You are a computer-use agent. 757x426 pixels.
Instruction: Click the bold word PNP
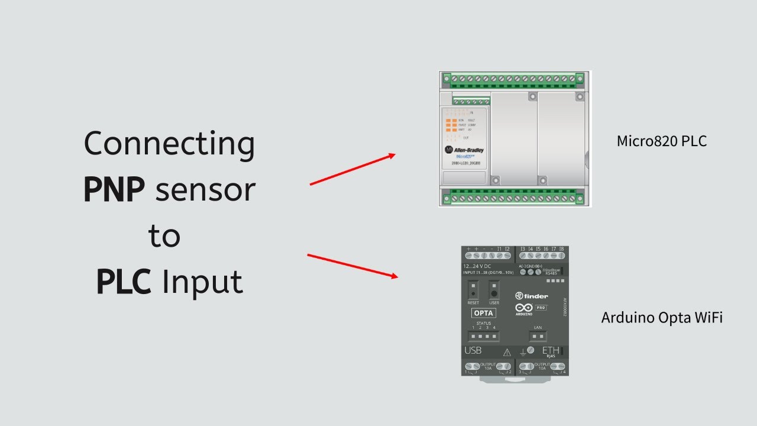(114, 189)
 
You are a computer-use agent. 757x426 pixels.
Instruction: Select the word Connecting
(169, 144)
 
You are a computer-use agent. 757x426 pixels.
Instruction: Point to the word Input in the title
(202, 282)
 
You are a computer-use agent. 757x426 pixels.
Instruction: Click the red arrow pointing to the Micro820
(352, 169)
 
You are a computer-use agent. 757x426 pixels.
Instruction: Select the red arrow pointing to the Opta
(352, 266)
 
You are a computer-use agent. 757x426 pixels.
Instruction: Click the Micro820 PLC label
(662, 141)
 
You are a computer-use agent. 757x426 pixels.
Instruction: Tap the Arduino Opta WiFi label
(662, 318)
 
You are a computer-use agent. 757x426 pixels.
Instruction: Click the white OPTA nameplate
(483, 313)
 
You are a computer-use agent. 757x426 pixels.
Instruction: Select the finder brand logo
(532, 296)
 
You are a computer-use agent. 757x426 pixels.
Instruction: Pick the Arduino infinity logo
(524, 308)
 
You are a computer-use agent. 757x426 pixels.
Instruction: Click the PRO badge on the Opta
(541, 308)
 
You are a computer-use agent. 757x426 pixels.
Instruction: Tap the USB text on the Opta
(473, 350)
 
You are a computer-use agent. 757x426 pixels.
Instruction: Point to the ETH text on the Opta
(551, 350)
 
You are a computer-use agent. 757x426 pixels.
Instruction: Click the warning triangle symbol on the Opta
(507, 353)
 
